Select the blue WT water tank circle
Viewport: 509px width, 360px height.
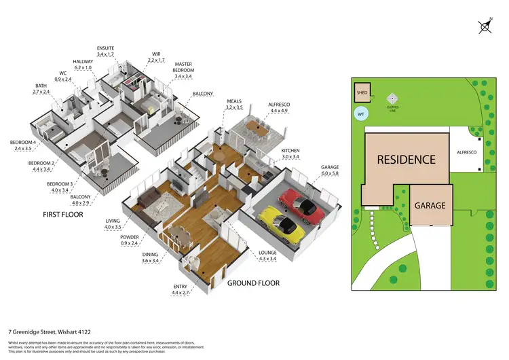tap(361, 114)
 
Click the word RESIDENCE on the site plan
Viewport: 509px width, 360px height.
tap(407, 160)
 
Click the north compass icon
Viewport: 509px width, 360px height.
tap(485, 26)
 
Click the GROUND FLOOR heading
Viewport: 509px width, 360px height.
tap(252, 283)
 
